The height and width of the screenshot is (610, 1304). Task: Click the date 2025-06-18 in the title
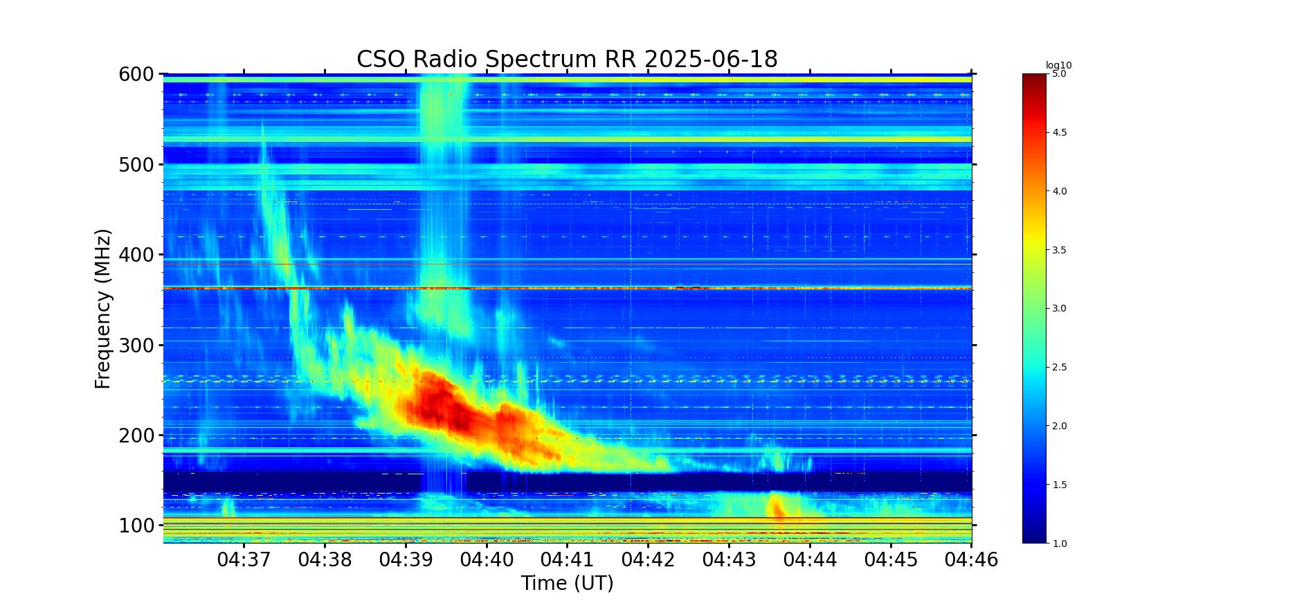pos(711,60)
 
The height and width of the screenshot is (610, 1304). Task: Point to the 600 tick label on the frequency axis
pos(136,74)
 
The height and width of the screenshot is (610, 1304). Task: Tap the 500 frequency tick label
pos(136,165)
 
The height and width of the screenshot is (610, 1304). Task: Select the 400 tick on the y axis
pos(136,255)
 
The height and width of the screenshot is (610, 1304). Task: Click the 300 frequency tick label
pos(136,346)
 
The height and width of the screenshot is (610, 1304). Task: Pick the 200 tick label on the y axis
pos(136,436)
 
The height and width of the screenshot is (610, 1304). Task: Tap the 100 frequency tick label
pos(136,526)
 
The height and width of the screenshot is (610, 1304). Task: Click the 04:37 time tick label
pos(244,559)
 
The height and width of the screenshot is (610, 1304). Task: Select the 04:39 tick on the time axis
pos(406,559)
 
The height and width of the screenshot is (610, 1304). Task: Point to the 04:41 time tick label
pos(568,559)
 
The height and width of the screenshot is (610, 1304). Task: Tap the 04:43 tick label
pos(729,559)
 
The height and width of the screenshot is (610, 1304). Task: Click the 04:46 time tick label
pos(972,559)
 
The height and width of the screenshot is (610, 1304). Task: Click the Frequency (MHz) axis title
pos(102,309)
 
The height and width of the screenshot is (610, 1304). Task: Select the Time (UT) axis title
pos(568,584)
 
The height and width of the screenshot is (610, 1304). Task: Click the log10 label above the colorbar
pos(1058,66)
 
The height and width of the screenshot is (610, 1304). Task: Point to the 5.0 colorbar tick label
pos(1060,73)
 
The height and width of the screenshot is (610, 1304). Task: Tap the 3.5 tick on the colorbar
pos(1060,250)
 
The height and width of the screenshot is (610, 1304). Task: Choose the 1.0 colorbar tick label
pos(1060,544)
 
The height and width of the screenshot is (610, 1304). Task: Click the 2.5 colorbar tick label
pos(1060,368)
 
